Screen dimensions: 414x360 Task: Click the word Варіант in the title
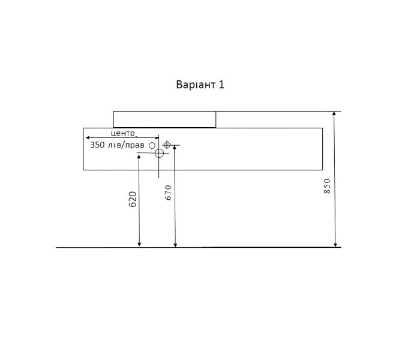tap(196, 85)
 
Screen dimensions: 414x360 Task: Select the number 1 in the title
tap(221, 85)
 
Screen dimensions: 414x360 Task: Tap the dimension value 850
tap(327, 186)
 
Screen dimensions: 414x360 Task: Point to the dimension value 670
tap(168, 193)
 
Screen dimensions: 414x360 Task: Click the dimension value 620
tap(133, 199)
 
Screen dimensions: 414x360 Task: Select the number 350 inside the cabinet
tap(97, 145)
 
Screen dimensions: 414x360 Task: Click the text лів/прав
tap(126, 145)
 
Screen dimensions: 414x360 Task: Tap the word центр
tap(124, 133)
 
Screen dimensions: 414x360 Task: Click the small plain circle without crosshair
tap(152, 146)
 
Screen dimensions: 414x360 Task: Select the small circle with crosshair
tap(167, 145)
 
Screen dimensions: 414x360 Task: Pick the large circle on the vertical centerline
tap(159, 153)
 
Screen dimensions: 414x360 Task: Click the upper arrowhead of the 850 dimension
tap(334, 114)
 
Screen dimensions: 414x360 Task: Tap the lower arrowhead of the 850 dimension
tap(335, 245)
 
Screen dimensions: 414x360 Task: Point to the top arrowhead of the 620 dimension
tap(139, 157)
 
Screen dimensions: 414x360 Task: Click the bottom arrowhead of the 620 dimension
tap(139, 244)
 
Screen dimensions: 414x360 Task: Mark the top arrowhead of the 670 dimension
tap(174, 148)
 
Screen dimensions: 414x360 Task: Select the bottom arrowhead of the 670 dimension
tap(175, 245)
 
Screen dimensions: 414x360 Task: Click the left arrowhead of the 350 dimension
tap(88, 137)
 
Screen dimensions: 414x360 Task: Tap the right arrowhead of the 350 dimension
tap(157, 137)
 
